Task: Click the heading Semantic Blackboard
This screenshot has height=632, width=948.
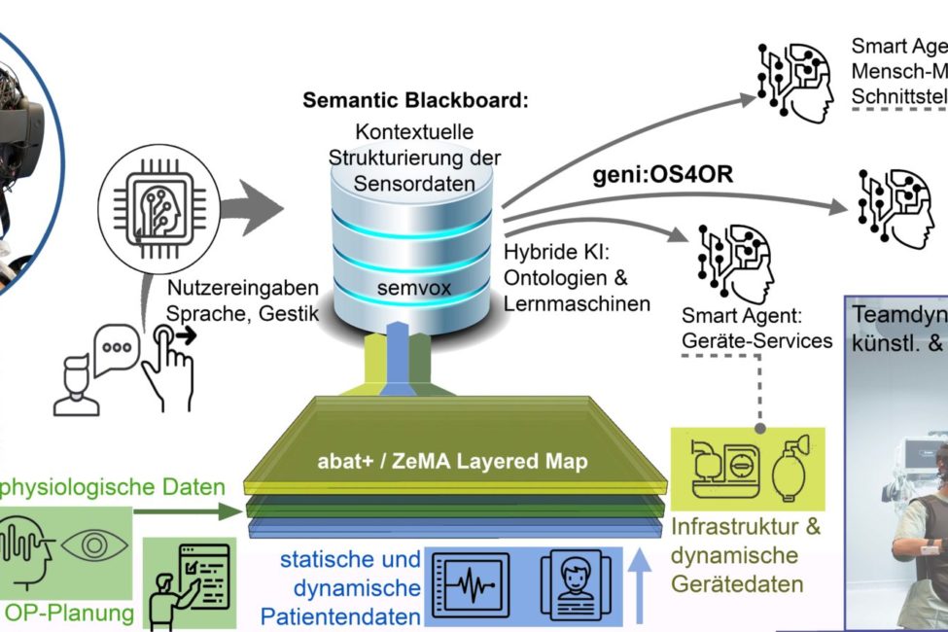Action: pos(415,100)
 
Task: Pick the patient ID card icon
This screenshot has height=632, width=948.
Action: pos(572,583)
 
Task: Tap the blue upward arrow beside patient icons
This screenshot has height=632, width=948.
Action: pos(639,583)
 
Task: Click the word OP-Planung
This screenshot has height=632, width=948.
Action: pos(67,614)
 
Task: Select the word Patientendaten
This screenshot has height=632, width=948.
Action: pos(340,616)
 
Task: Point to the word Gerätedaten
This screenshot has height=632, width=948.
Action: pos(737,584)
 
